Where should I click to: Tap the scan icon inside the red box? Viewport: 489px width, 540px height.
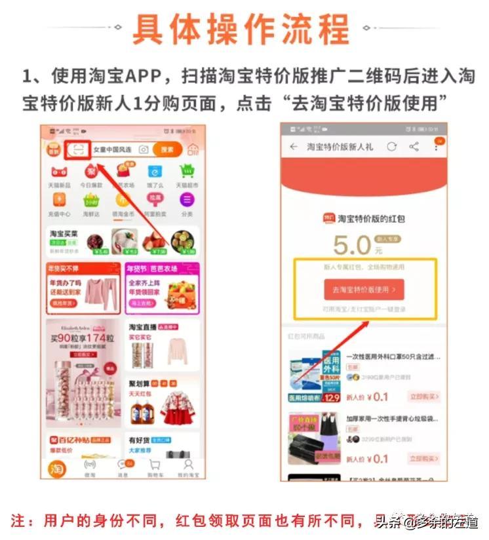click(x=77, y=149)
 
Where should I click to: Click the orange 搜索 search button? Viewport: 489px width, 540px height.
click(x=167, y=149)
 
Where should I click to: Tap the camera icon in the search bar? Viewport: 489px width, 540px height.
click(x=144, y=150)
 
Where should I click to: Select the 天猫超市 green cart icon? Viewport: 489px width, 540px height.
click(x=187, y=173)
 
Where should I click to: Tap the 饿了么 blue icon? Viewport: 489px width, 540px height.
click(x=155, y=173)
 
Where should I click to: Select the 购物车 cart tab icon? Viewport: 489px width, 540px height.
click(x=155, y=466)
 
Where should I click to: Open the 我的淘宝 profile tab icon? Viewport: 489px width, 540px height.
click(x=187, y=466)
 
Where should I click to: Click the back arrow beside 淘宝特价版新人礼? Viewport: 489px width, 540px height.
click(x=293, y=147)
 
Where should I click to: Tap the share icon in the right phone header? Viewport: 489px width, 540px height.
click(x=414, y=147)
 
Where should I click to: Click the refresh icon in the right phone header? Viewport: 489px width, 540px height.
click(x=391, y=147)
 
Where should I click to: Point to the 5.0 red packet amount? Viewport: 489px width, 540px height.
click(x=352, y=245)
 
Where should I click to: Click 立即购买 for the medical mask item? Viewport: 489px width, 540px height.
click(x=423, y=396)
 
